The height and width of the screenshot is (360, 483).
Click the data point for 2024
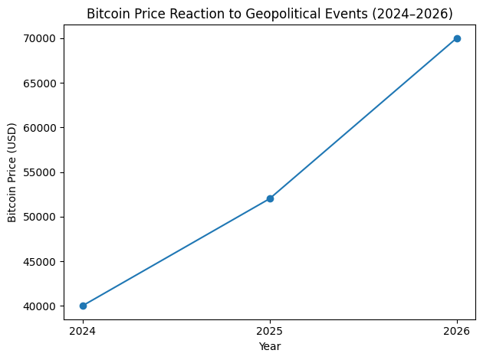click(83, 306)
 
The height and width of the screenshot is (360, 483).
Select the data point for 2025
click(270, 198)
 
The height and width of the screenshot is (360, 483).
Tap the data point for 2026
click(457, 38)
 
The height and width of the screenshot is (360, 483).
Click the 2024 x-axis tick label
click(83, 332)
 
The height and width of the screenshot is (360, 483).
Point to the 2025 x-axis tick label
click(270, 332)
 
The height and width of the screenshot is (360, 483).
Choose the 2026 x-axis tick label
click(457, 332)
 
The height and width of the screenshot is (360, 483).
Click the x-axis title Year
click(270, 347)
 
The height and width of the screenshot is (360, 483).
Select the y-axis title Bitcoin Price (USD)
click(13, 172)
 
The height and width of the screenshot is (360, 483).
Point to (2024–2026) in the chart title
click(411, 14)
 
